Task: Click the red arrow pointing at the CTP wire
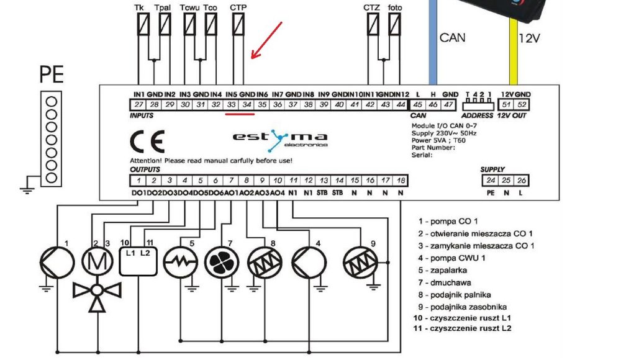(x=267, y=40)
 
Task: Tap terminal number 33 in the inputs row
(x=232, y=104)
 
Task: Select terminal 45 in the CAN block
(x=418, y=104)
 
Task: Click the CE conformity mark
(x=147, y=142)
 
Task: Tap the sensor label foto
(x=394, y=7)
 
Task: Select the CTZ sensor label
(x=372, y=7)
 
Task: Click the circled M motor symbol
(x=96, y=263)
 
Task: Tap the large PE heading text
(x=52, y=76)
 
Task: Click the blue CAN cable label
(x=453, y=38)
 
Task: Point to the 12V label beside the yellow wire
(x=529, y=38)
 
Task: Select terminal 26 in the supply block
(x=520, y=181)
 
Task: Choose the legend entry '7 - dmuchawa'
(x=445, y=283)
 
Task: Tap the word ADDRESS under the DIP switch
(x=478, y=115)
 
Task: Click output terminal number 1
(x=137, y=181)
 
